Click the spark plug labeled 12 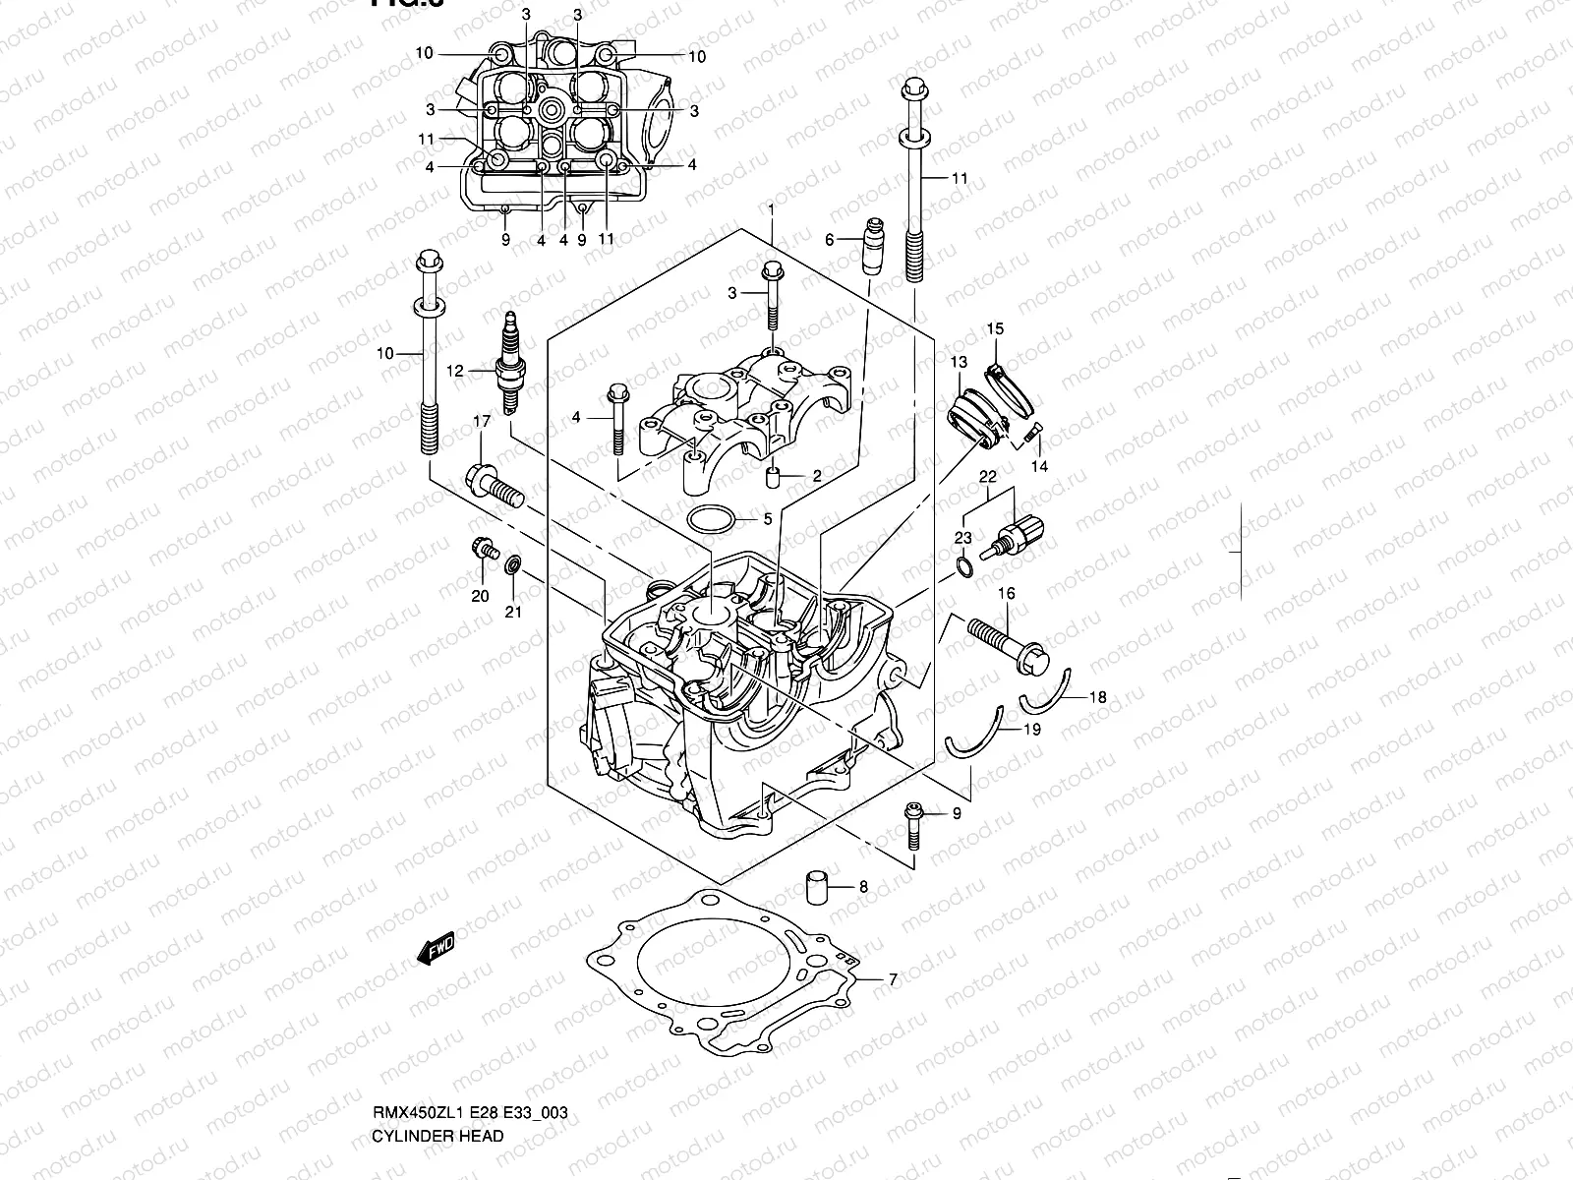[x=510, y=364]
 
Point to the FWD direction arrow [x=438, y=950]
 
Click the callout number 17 [x=481, y=422]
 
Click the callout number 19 [x=1031, y=730]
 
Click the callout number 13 [x=959, y=364]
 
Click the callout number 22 [x=988, y=477]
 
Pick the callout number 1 [x=772, y=209]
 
